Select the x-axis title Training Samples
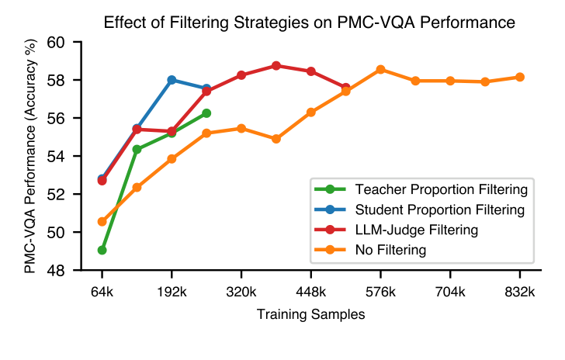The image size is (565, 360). pyautogui.click(x=310, y=314)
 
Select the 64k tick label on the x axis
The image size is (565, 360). pyautogui.click(x=102, y=292)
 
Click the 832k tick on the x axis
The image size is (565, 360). pyautogui.click(x=519, y=292)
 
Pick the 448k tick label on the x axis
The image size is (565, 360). pyautogui.click(x=310, y=292)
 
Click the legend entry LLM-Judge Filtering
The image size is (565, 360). pyautogui.click(x=416, y=229)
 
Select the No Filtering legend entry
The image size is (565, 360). pyautogui.click(x=390, y=249)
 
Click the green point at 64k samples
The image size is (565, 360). pyautogui.click(x=102, y=250)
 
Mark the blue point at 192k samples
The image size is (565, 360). pyautogui.click(x=172, y=80)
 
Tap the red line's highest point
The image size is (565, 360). pyautogui.click(x=276, y=66)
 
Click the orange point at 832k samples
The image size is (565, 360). pyautogui.click(x=519, y=77)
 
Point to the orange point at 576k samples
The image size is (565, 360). pyautogui.click(x=380, y=69)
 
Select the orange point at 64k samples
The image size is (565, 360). pyautogui.click(x=102, y=221)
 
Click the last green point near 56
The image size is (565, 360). pyautogui.click(x=206, y=112)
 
